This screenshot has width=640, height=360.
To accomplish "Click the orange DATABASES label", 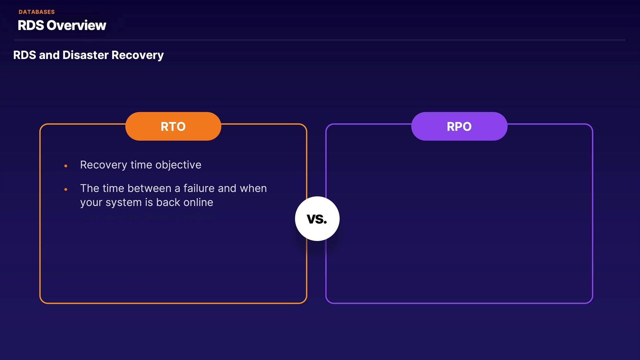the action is (x=37, y=12).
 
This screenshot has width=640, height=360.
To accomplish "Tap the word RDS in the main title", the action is (x=31, y=25).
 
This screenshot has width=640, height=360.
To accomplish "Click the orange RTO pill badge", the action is (x=173, y=127).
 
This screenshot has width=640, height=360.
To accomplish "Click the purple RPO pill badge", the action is (x=459, y=127).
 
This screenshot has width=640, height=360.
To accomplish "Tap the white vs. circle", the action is (x=317, y=219).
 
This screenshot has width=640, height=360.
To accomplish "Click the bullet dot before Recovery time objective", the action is (x=66, y=166).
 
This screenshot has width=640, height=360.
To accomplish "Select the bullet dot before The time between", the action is (x=66, y=189).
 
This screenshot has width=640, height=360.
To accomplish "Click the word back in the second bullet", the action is (x=168, y=202).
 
